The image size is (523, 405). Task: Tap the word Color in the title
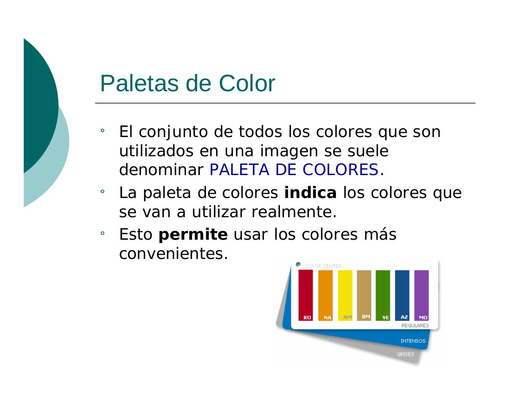(x=247, y=83)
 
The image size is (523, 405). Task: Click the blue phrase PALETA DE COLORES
(x=294, y=169)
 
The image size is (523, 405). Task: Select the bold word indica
(x=310, y=193)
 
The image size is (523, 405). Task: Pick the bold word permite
(x=193, y=235)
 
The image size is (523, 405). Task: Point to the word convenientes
(x=173, y=254)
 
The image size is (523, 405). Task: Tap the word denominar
(x=161, y=169)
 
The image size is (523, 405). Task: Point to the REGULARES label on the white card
(x=415, y=326)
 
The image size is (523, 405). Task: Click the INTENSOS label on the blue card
(x=413, y=341)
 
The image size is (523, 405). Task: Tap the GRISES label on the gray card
(x=405, y=354)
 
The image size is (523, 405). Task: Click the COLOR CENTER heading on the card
(x=323, y=266)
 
